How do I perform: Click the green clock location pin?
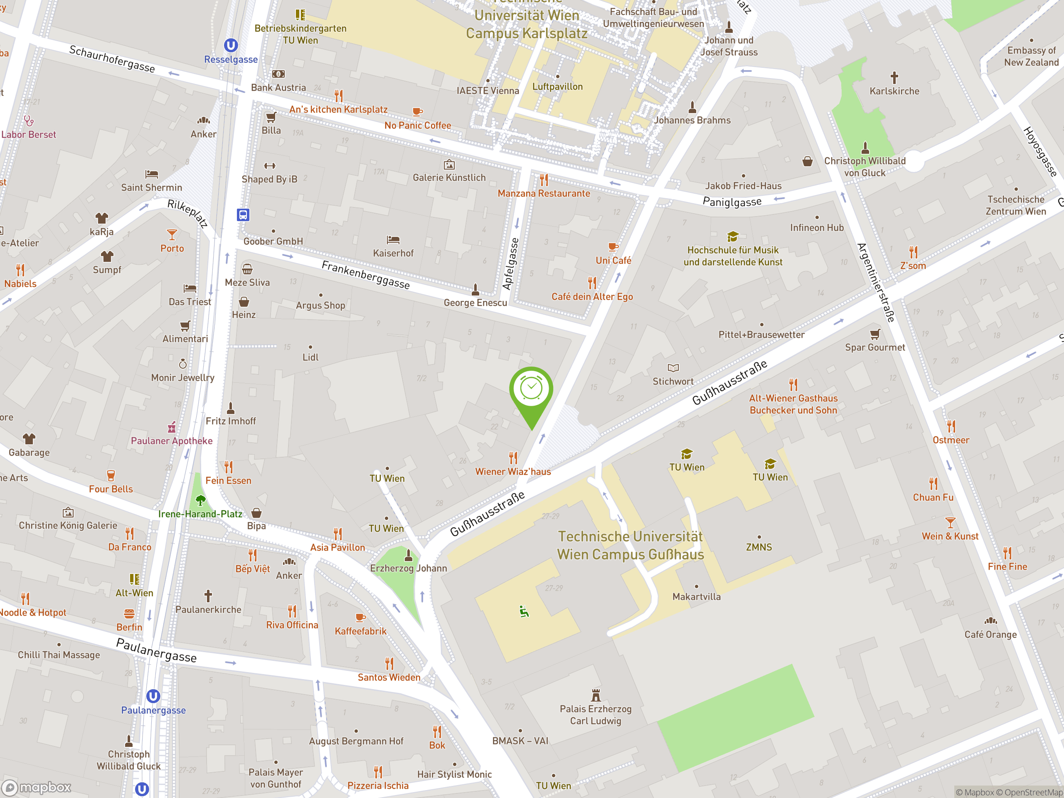click(x=531, y=389)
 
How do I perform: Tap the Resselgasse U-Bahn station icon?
click(x=231, y=45)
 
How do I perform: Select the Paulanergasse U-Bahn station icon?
click(x=153, y=696)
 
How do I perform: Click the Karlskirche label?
click(x=894, y=91)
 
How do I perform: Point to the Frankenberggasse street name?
click(x=366, y=275)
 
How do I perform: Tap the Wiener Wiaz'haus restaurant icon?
click(x=513, y=458)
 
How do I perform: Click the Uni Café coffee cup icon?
click(x=613, y=247)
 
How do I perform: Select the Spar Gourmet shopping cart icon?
click(x=875, y=334)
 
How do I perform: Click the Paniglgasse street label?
click(x=732, y=202)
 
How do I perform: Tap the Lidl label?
click(x=310, y=357)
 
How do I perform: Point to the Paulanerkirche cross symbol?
click(x=208, y=596)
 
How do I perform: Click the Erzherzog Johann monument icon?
click(x=409, y=556)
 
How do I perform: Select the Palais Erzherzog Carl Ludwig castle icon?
click(x=596, y=695)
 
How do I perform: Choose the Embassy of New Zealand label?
click(x=1031, y=56)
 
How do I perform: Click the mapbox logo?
click(x=37, y=788)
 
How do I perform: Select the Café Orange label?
click(x=990, y=635)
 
